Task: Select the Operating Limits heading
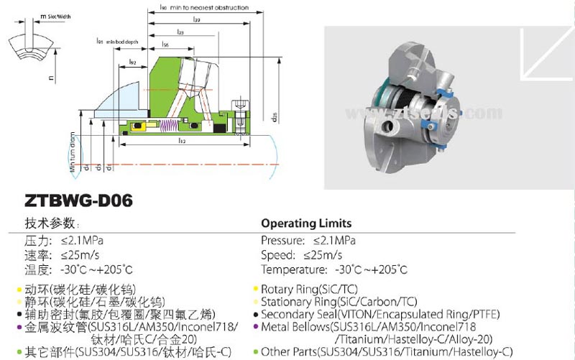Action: point(306,223)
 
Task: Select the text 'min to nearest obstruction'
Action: point(215,7)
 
